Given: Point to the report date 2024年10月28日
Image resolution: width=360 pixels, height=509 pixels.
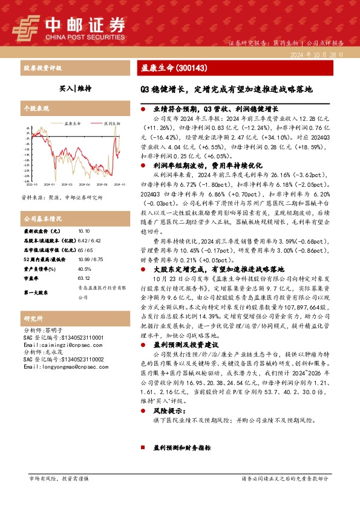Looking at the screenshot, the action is (x=321, y=54).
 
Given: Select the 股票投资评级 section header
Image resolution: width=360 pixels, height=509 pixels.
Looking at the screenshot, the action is (x=42, y=67).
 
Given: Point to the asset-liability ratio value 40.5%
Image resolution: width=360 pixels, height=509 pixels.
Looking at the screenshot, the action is (x=85, y=270).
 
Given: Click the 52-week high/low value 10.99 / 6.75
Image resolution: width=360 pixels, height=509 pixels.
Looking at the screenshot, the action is (x=90, y=260).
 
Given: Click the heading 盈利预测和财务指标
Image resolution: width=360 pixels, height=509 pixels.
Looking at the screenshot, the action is (x=182, y=449).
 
